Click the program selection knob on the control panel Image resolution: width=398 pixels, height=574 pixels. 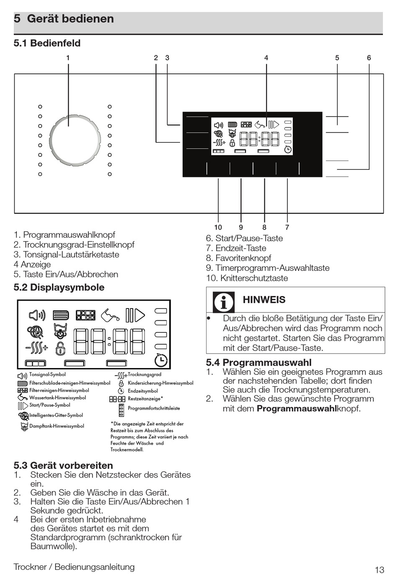(75, 140)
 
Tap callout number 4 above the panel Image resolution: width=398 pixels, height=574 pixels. (266, 58)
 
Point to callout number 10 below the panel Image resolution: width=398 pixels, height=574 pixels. (218, 227)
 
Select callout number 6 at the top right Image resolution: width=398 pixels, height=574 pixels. (369, 58)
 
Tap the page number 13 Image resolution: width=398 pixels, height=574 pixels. (379, 569)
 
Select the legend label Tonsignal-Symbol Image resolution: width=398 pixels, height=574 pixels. (47, 374)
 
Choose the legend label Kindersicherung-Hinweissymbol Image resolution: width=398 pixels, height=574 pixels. (160, 383)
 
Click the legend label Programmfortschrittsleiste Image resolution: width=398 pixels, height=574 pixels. (154, 408)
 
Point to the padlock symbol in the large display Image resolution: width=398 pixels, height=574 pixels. (61, 348)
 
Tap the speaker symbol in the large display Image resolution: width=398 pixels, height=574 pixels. (37, 315)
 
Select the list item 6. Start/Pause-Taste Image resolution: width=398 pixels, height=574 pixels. (244, 239)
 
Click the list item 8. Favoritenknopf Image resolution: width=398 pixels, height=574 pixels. (238, 258)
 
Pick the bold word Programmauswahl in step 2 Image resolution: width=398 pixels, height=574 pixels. (296, 408)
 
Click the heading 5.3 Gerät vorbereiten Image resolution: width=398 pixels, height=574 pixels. (63, 465)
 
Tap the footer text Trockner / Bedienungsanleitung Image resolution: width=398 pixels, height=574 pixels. (74, 567)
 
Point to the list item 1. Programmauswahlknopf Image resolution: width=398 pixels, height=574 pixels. (64, 235)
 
